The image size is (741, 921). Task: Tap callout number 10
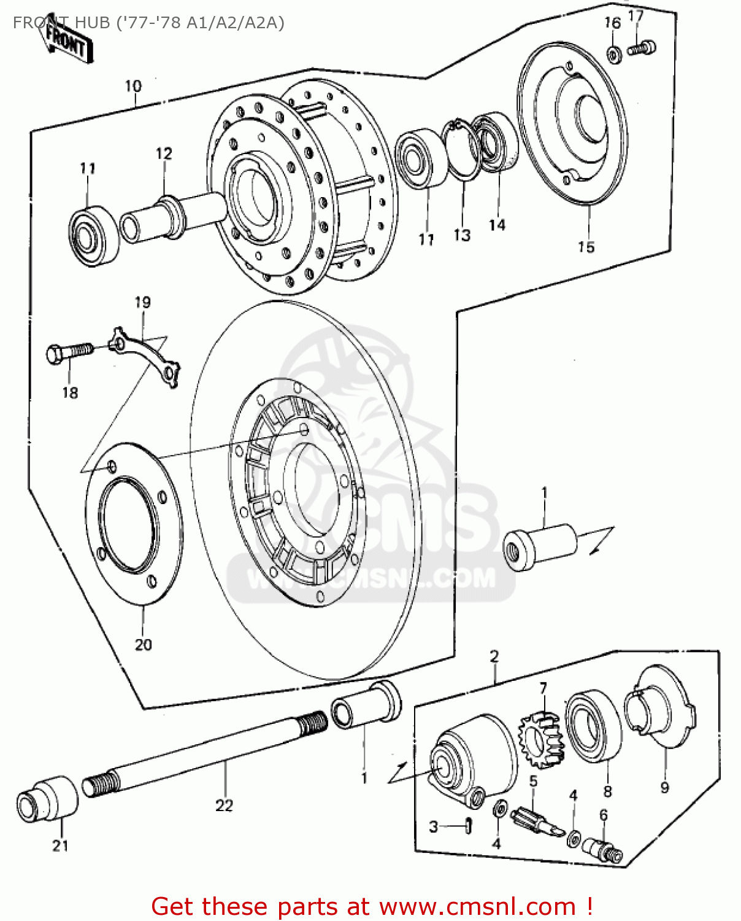tap(133, 87)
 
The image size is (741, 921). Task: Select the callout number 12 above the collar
tap(164, 153)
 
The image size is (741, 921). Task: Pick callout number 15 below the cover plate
tap(586, 247)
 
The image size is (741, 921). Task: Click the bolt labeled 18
tap(69, 353)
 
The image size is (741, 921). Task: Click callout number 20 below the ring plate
tap(143, 645)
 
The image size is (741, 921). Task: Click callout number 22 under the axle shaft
tap(224, 805)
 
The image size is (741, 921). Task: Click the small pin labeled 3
tap(469, 826)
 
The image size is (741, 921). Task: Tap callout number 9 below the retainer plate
tap(664, 788)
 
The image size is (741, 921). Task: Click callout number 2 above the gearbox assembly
tap(494, 656)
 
